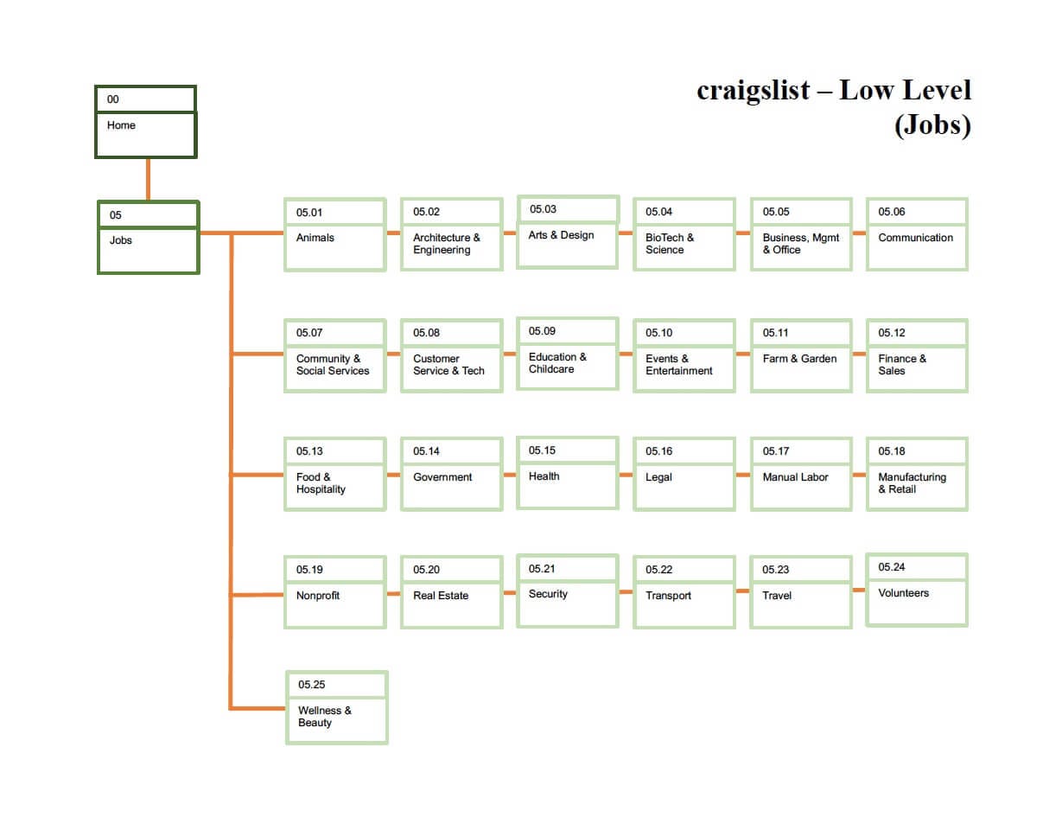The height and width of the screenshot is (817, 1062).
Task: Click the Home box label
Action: [121, 125]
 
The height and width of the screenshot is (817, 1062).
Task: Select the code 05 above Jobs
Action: [116, 215]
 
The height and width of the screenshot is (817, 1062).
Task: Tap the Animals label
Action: [315, 238]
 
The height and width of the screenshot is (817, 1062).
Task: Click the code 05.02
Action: [426, 212]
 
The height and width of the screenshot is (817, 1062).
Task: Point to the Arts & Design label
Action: [561, 235]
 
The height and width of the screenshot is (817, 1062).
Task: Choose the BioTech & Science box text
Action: [669, 244]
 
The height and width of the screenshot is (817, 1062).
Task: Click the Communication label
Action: [915, 238]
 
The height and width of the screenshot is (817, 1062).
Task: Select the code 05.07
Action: [309, 333]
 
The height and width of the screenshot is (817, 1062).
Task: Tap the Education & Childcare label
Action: [557, 363]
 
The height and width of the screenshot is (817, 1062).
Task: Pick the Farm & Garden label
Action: [799, 359]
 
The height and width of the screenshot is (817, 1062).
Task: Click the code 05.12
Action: [892, 333]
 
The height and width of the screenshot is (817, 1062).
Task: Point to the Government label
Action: [442, 477]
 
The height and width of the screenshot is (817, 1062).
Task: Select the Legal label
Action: [658, 477]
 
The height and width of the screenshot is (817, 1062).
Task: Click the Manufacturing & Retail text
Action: [912, 483]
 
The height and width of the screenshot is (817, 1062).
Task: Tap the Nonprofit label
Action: [318, 596]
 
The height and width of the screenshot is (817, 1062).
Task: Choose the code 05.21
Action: [542, 568]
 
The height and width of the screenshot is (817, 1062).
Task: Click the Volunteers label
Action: [903, 593]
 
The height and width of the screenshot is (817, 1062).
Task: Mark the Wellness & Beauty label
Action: [324, 717]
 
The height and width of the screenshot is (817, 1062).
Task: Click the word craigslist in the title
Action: [754, 91]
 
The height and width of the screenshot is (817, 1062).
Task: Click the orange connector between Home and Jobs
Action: [148, 180]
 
